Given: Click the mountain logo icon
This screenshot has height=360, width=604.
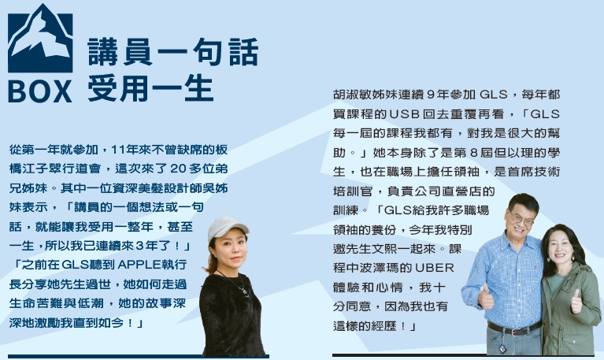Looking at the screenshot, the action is [40, 39].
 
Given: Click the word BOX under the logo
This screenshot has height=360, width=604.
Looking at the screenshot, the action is [40, 91].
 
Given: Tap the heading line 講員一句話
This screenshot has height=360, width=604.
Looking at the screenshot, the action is [173, 52].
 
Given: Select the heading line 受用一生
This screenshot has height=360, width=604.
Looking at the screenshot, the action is [150, 88].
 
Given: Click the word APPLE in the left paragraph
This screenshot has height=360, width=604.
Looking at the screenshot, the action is [139, 265].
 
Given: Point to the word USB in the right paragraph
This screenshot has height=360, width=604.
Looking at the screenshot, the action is [405, 114].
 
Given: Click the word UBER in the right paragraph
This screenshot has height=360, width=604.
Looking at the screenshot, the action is [435, 268].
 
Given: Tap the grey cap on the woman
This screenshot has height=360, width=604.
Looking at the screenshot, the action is [228, 228].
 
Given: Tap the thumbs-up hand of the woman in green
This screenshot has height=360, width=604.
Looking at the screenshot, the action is [576, 301].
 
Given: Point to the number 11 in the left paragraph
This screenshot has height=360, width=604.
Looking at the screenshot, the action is [117, 149].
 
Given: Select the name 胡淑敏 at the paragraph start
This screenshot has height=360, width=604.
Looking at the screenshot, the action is [352, 95].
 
